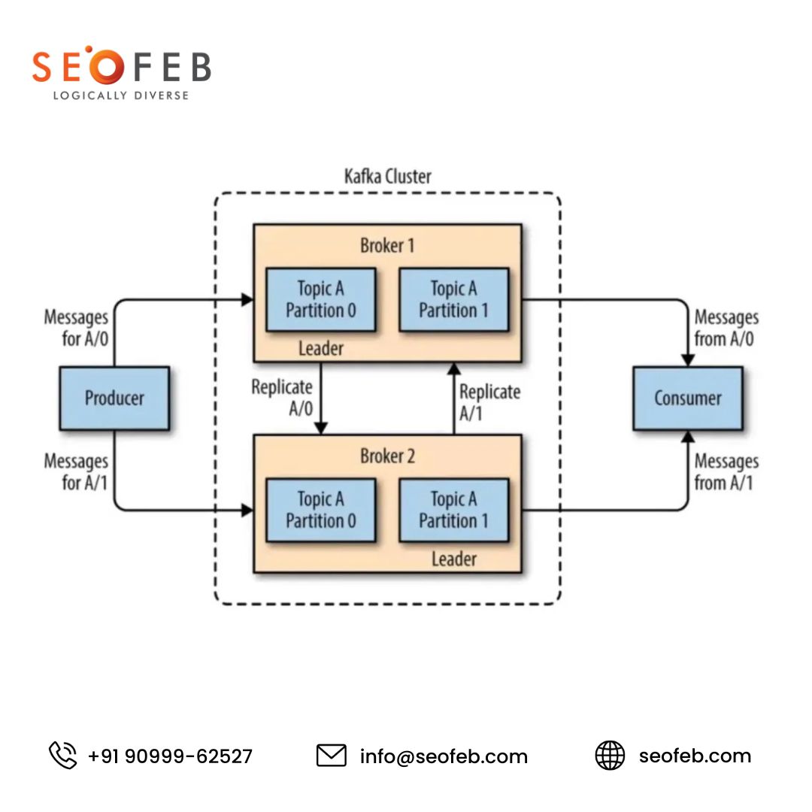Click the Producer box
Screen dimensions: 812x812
tap(114, 398)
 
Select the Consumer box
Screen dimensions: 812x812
tap(687, 398)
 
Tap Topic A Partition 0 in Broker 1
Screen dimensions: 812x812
tap(321, 299)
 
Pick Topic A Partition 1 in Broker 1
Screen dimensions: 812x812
tap(453, 299)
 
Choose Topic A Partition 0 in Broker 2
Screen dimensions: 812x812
tap(321, 510)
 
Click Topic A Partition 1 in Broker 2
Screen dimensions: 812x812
tap(453, 510)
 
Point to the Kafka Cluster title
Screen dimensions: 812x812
tap(387, 177)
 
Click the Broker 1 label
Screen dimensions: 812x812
tap(387, 246)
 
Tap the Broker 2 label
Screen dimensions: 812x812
tap(387, 456)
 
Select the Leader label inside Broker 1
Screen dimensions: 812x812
tap(321, 348)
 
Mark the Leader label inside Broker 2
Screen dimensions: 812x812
tap(453, 559)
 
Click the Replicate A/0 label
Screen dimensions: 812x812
tap(282, 398)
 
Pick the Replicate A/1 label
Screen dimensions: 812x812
tap(489, 402)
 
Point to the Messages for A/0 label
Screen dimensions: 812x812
tap(76, 328)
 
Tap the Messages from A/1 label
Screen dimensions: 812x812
tap(726, 471)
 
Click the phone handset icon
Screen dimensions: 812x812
tap(63, 755)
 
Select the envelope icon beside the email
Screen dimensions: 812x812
tap(331, 755)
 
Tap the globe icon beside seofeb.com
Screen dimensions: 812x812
tap(610, 755)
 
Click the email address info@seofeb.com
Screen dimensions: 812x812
tap(444, 756)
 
